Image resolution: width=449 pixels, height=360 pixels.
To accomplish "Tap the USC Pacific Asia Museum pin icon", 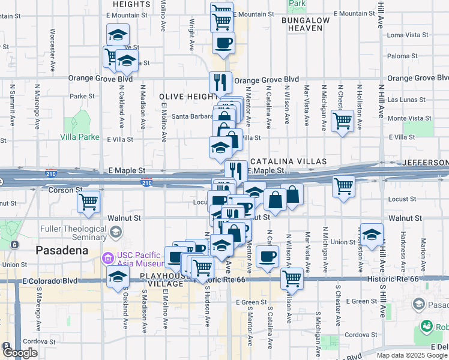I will point(108,259).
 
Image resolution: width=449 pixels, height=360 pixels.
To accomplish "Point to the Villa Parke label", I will point(79,137).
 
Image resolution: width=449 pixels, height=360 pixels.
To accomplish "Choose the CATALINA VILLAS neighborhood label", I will point(288,161).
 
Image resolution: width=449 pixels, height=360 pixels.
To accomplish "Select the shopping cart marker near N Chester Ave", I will point(342,120).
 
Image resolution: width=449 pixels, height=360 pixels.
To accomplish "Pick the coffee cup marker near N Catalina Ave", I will point(268,256).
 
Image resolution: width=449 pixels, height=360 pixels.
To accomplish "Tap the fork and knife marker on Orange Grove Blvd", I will point(221,81).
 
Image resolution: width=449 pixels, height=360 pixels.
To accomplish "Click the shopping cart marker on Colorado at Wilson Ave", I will point(292,277).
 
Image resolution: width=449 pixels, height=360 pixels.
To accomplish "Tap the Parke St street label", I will point(82,96).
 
